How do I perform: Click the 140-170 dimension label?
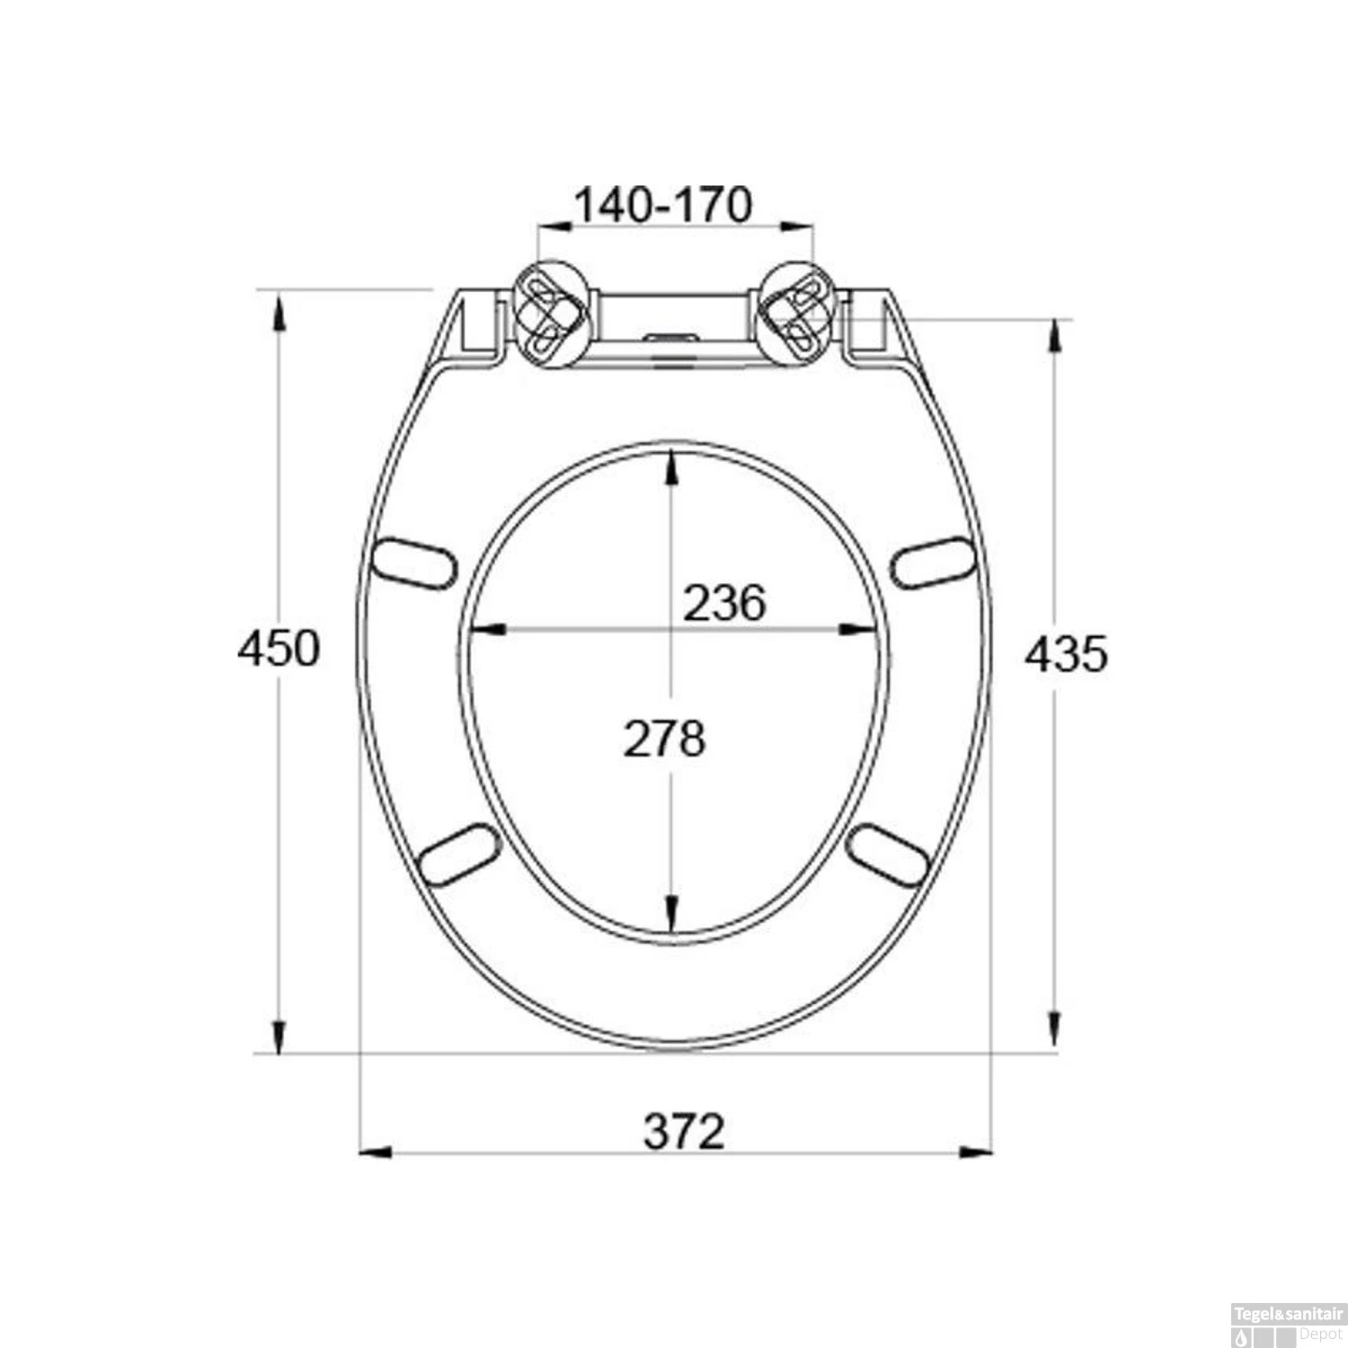pos(662,206)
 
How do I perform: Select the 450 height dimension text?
pos(279,649)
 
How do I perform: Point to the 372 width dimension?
pos(684,1131)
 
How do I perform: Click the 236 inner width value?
pos(724,602)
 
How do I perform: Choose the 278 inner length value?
pos(665,740)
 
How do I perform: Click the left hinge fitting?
pos(551,313)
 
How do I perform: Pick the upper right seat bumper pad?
pos(933,563)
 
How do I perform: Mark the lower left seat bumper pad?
pos(458,856)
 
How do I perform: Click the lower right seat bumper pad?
pos(888,856)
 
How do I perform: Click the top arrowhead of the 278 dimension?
pos(671,467)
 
